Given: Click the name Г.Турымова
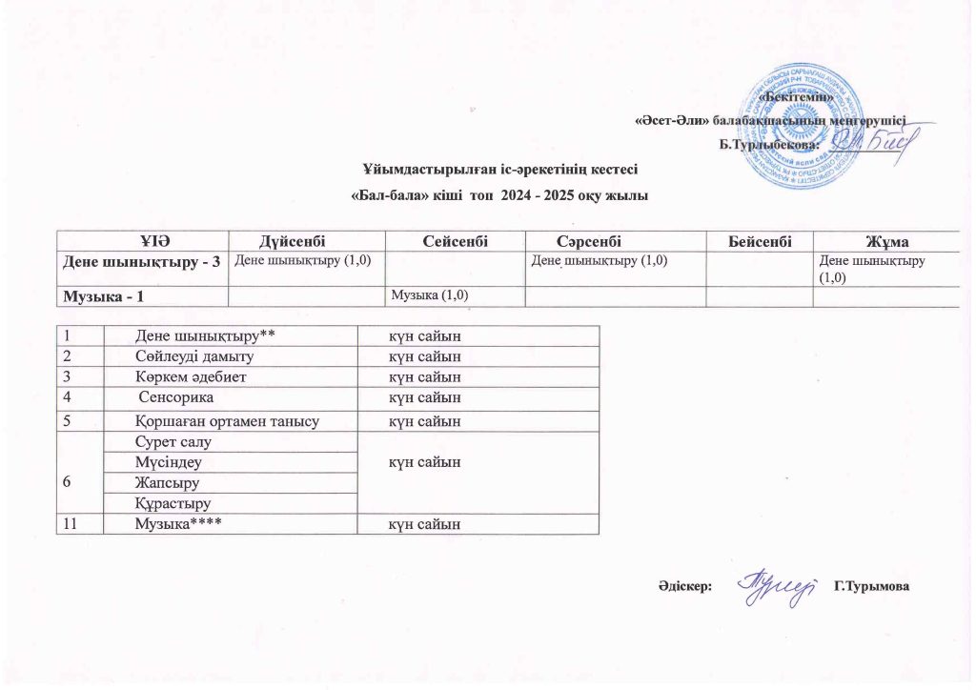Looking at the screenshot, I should (x=871, y=584).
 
